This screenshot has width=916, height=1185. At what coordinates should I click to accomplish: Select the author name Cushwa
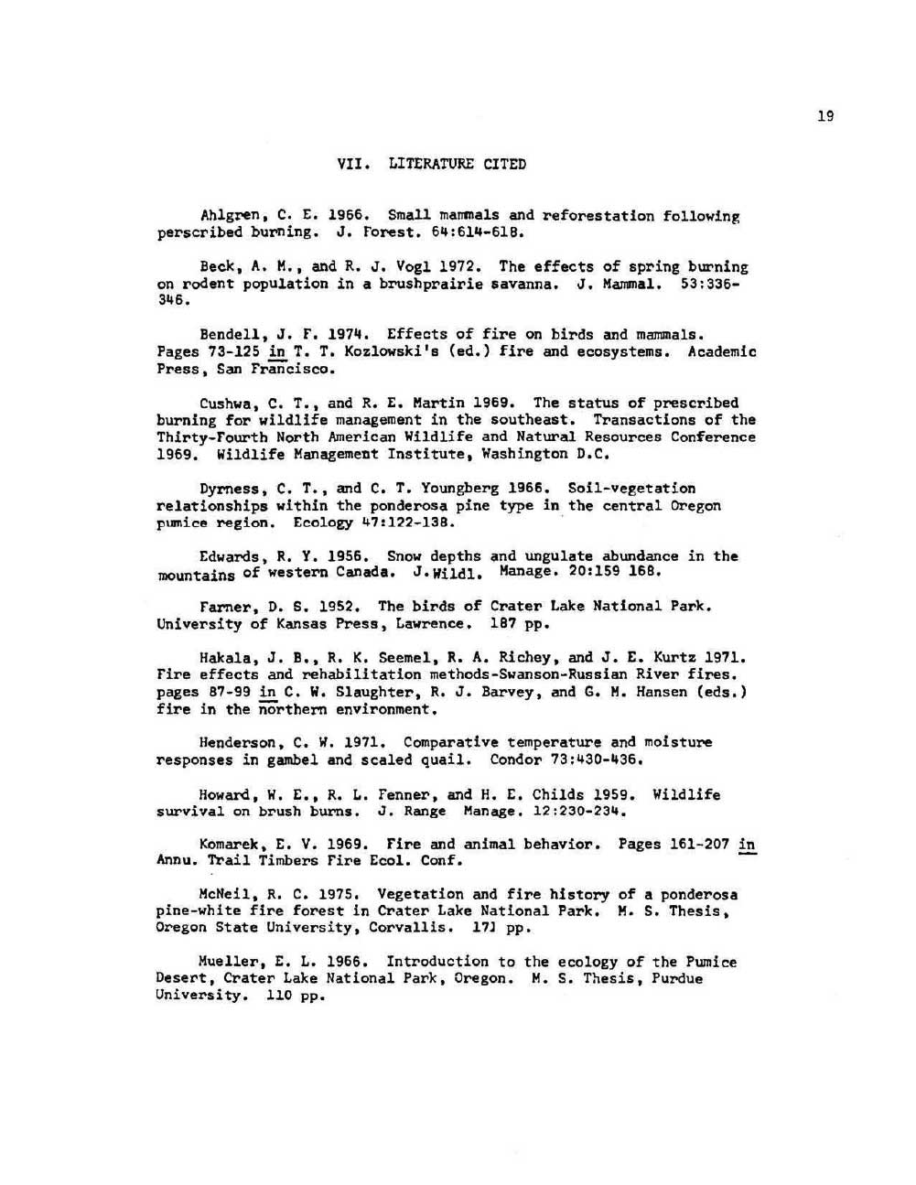pos(222,404)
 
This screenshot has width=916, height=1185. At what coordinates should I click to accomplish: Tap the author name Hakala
pos(222,657)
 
